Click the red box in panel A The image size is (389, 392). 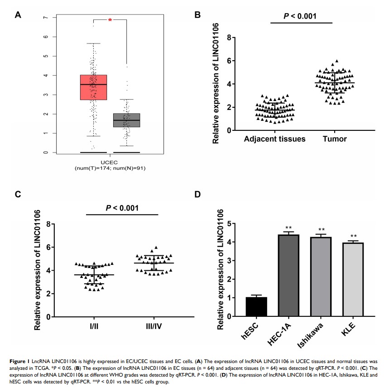click(93, 87)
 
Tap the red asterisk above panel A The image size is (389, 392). click(110, 20)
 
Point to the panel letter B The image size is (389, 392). click(197, 15)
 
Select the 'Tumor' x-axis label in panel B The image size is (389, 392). click(336, 139)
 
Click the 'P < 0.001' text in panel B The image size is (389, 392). click(301, 17)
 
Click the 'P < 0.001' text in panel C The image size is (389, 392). click(122, 208)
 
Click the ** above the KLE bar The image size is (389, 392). click(353, 236)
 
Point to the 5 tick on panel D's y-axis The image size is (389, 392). click(231, 224)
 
